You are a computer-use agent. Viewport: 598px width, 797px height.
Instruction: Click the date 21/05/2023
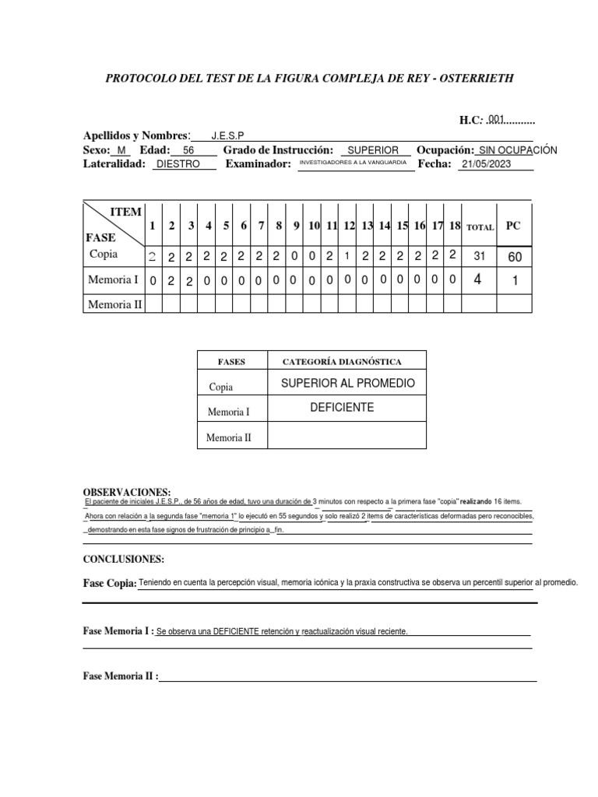487,164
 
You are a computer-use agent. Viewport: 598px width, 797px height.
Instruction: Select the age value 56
188,150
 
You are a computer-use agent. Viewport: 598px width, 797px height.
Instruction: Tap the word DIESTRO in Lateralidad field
178,164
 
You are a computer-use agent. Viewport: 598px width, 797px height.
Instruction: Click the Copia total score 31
480,257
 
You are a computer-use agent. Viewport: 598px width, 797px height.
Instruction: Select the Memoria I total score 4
477,280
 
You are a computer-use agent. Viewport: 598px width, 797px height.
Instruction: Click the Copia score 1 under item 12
348,257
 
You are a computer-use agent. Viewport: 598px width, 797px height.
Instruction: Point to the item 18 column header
456,226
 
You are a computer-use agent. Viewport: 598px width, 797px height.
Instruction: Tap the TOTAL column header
480,227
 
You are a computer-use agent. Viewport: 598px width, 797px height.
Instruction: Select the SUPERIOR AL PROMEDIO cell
347,383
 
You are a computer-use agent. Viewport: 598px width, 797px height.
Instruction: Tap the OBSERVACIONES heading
126,493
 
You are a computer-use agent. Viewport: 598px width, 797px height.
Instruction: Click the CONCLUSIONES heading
123,560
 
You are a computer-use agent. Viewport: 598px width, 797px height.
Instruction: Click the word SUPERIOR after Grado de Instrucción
373,150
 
